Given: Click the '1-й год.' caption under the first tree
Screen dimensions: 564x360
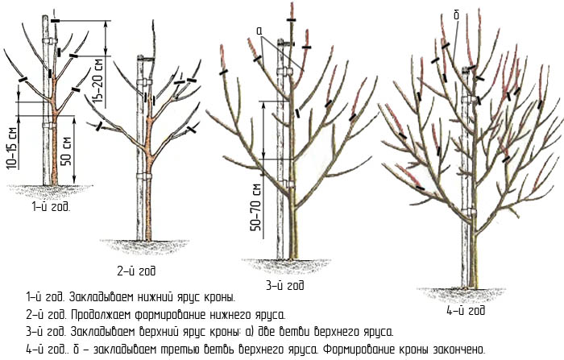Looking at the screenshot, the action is [51, 207].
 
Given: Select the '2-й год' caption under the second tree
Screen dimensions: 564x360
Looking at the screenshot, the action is [137, 271].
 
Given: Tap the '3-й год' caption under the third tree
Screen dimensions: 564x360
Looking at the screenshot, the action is [285, 286].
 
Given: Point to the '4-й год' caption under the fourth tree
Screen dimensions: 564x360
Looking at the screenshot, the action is [466, 310].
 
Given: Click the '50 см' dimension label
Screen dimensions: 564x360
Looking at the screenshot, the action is [66, 151].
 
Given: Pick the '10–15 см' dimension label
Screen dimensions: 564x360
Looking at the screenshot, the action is [11, 148].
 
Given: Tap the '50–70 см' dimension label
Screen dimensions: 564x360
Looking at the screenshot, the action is [256, 207].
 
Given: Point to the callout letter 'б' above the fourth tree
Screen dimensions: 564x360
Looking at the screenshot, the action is [457, 15].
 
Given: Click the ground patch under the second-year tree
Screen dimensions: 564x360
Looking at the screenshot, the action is [144, 247].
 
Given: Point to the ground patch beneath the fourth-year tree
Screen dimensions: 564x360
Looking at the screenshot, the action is [462, 294].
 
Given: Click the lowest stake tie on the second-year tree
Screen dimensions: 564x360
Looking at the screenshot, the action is [144, 176].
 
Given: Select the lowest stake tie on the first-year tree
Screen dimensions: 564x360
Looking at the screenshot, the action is [50, 126].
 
